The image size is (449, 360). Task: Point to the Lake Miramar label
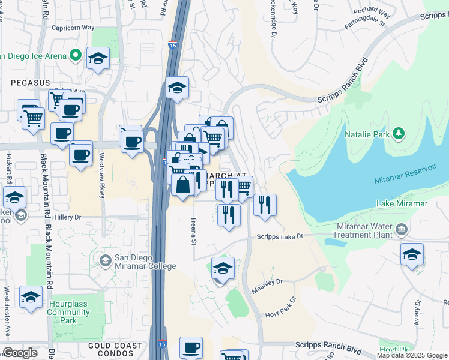coord(402,204)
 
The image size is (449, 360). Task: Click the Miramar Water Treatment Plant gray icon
coord(400,229)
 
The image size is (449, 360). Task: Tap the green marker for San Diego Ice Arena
coord(76,56)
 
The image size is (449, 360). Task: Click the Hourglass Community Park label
coord(69,313)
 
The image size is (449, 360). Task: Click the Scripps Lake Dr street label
coord(281,236)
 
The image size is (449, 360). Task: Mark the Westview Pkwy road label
coord(102,182)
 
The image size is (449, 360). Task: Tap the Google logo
coord(20,353)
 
